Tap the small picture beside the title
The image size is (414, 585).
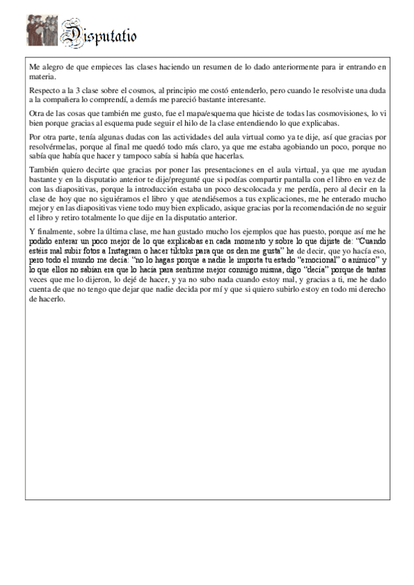pyautogui.click(x=42, y=31)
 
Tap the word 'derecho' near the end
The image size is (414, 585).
pyautogui.click(x=357, y=290)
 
